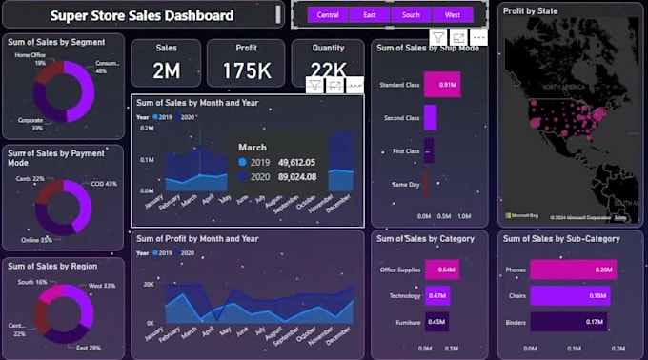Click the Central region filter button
(327, 15)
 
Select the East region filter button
(370, 15)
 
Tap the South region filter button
(411, 15)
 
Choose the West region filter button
(452, 15)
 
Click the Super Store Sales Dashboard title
(141, 15)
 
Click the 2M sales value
(166, 70)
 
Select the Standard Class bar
(443, 85)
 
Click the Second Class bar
(430, 118)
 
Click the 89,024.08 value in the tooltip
(296, 176)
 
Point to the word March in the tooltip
(252, 147)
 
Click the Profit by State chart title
(531, 11)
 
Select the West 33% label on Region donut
(102, 286)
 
